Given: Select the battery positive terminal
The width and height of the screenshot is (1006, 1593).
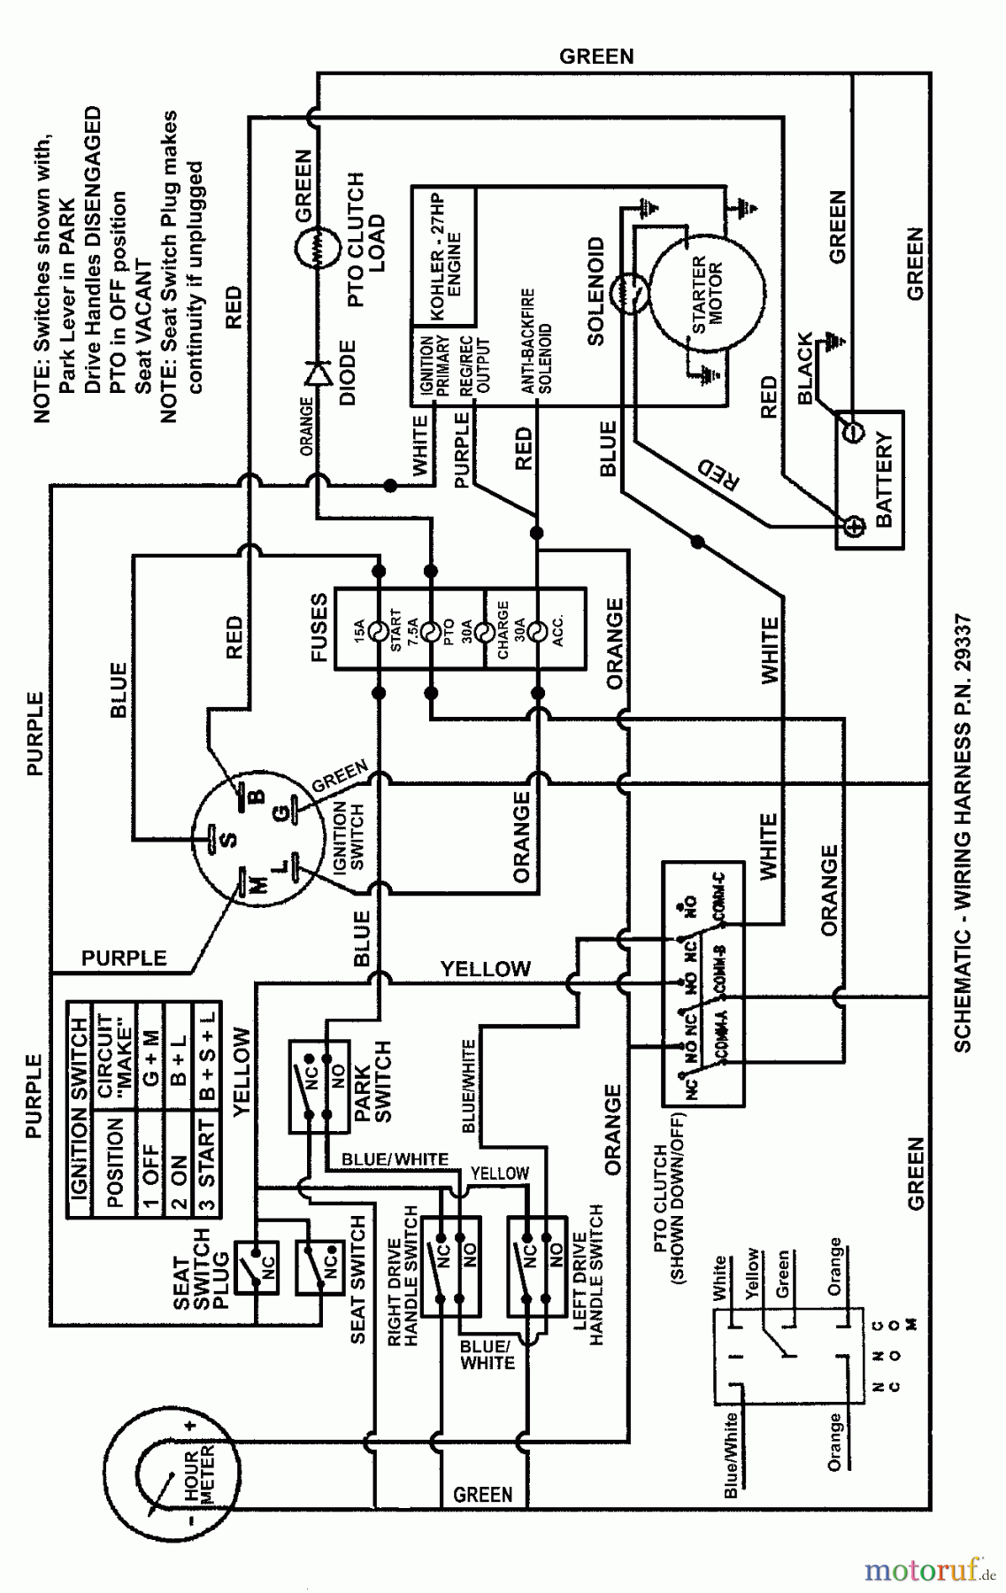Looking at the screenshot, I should click(x=854, y=527).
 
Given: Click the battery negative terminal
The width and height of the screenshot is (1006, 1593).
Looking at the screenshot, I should click(x=854, y=433).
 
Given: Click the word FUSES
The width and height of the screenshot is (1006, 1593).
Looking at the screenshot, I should click(x=319, y=627).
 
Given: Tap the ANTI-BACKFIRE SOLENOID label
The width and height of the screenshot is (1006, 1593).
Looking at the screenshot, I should click(x=536, y=340).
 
